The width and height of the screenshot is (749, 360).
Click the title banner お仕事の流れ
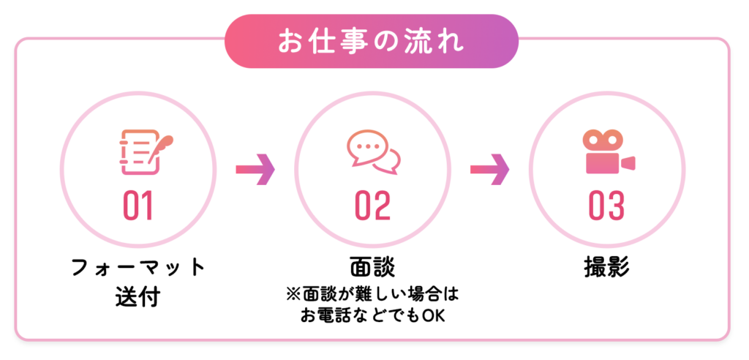click(371, 41)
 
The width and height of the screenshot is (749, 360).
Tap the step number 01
click(138, 206)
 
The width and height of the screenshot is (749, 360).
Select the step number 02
click(372, 206)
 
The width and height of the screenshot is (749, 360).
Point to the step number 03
click(606, 206)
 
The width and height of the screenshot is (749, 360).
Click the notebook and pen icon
click(146, 152)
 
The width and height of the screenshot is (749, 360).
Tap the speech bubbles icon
click(374, 152)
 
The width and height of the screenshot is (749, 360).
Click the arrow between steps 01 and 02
click(255, 169)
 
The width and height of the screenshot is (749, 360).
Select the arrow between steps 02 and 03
click(489, 169)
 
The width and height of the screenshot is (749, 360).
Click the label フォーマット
click(138, 269)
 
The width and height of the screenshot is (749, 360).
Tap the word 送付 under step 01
click(138, 297)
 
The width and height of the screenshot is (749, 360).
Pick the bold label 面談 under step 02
click(372, 269)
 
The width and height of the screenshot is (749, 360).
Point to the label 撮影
click(606, 269)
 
